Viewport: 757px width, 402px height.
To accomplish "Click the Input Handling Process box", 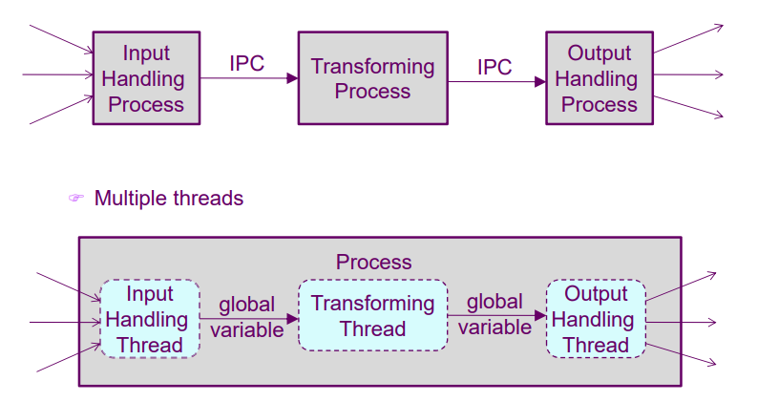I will (146, 78).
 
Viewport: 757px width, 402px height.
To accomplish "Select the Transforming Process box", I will (372, 78).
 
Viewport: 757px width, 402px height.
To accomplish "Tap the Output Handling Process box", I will (599, 78).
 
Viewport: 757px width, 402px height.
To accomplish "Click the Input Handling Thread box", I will (150, 319).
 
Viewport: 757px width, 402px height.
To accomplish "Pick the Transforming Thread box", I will (372, 316).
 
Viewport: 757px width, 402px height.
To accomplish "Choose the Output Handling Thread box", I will (596, 319).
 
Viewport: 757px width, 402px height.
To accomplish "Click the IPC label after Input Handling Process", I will (246, 64).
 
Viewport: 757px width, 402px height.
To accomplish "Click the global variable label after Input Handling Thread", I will (247, 317).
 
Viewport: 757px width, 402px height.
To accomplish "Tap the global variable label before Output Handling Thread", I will (494, 314).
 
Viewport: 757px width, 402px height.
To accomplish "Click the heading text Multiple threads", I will (169, 199).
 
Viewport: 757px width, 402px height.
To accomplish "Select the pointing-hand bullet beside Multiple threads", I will (76, 199).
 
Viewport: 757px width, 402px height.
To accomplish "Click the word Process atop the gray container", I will (373, 262).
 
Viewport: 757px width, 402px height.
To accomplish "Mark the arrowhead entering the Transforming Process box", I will (292, 78).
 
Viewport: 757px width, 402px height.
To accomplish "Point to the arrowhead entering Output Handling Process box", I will (540, 81).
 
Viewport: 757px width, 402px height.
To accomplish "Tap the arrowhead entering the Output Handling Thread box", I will (541, 314).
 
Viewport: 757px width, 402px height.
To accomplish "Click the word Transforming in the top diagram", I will (372, 67).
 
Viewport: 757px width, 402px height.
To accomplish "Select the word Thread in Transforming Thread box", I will (373, 329).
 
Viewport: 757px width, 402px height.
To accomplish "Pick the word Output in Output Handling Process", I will (599, 53).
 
